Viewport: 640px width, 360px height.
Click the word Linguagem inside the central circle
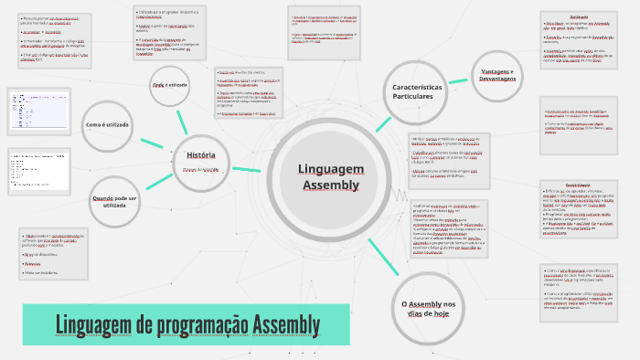tap(330, 169)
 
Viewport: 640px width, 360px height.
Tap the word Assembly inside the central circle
tap(330, 185)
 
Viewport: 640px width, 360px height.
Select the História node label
tap(200, 154)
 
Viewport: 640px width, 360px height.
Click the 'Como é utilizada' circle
tap(108, 124)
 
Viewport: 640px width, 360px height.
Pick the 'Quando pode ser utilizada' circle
tap(114, 201)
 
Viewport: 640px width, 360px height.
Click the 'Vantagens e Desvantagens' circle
tap(496, 75)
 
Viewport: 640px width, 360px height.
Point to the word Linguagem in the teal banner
tap(91, 324)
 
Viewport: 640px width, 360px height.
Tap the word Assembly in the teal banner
tap(286, 324)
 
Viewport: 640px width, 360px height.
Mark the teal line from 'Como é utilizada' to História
tap(152, 143)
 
